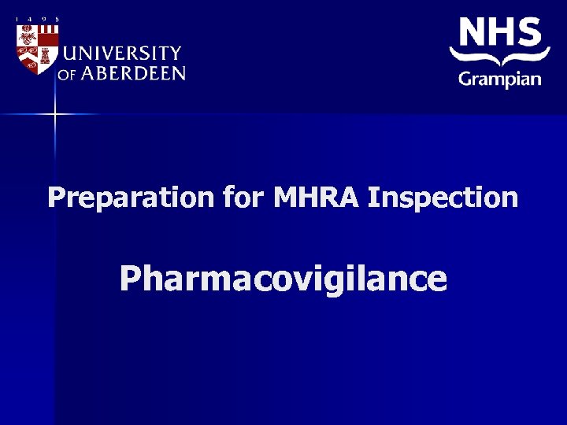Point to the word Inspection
[443, 198]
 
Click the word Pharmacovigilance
[283, 279]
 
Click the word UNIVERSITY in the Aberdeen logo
[122, 54]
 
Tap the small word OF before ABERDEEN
[67, 75]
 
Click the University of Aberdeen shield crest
[37, 48]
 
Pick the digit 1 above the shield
[17, 20]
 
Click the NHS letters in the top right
[501, 34]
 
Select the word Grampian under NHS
[500, 79]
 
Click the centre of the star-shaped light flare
[55, 115]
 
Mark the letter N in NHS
[472, 34]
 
